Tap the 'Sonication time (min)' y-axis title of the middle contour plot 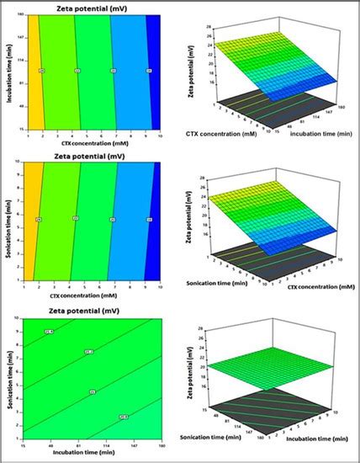(10, 217)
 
